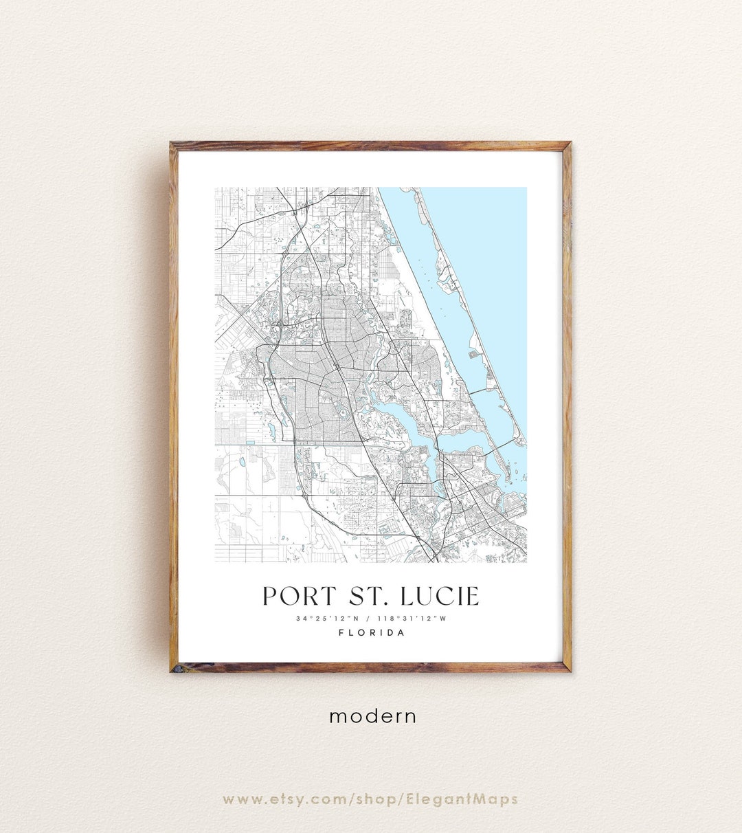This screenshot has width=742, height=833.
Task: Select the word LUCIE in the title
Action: click(x=440, y=596)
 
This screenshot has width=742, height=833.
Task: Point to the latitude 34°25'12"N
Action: click(x=328, y=619)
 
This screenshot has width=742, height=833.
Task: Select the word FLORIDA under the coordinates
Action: click(x=372, y=633)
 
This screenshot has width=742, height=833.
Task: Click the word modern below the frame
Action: click(x=372, y=716)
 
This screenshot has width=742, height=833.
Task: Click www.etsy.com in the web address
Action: click(x=284, y=799)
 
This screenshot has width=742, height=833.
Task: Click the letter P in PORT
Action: click(x=270, y=596)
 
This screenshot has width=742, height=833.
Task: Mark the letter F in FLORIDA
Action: click(x=341, y=633)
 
